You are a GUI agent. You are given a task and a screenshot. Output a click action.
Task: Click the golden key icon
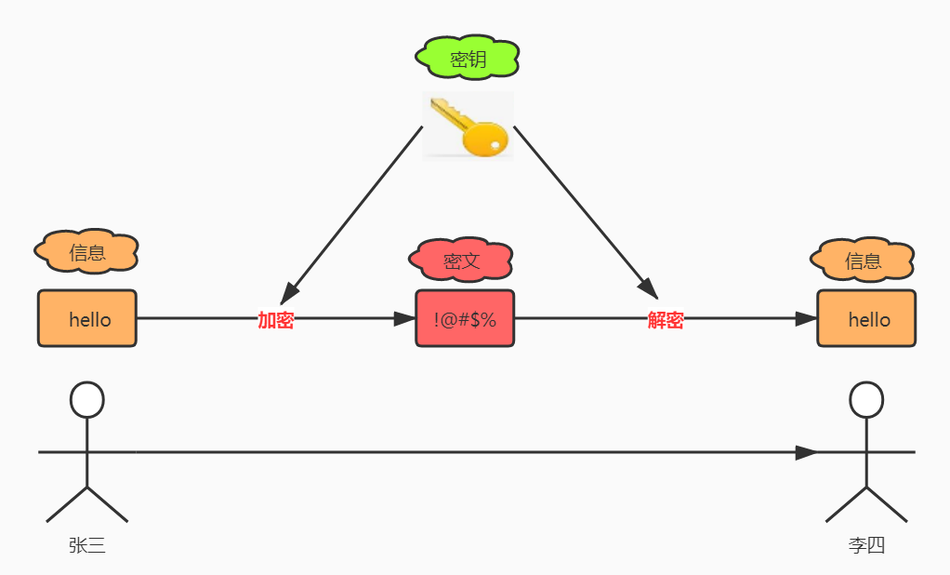[468, 126]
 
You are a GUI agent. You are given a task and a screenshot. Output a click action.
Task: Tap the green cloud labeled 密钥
[467, 60]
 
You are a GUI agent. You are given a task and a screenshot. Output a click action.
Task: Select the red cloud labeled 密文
[461, 261]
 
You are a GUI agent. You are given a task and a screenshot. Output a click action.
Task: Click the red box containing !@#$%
[465, 319]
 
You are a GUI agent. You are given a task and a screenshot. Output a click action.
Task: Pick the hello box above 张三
[87, 319]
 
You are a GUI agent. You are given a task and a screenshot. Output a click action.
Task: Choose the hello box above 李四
[866, 319]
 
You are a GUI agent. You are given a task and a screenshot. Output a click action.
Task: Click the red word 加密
[276, 320]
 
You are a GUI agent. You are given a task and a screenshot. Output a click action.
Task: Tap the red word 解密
[666, 320]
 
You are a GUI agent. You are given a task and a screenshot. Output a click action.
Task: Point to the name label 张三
[87, 546]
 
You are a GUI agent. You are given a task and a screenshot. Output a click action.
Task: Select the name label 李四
[866, 546]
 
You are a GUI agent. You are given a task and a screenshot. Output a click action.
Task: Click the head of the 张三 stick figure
[87, 399]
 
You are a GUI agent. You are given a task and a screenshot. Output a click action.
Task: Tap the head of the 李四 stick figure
[866, 399]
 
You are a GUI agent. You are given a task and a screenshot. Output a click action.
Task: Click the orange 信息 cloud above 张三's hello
[86, 251]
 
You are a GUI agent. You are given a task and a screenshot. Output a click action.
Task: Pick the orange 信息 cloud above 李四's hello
[863, 261]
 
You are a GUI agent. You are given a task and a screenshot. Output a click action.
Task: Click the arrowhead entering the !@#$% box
[405, 319]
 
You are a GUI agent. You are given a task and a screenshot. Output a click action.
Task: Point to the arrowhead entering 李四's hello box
[807, 319]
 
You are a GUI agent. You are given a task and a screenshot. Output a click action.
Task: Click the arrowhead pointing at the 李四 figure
[806, 453]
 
